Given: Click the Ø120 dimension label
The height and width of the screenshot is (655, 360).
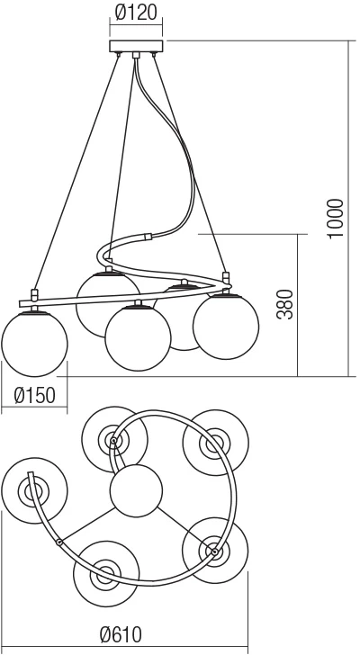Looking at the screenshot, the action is (x=136, y=13).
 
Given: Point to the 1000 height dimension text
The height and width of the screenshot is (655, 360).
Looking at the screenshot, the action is (x=336, y=219).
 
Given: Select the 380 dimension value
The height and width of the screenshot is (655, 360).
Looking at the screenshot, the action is (x=285, y=304).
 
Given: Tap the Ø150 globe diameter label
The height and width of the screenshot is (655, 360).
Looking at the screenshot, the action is (x=35, y=395).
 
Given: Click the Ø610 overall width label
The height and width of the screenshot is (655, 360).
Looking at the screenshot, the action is (x=121, y=634).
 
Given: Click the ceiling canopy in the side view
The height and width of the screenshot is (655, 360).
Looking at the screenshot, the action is (x=136, y=46).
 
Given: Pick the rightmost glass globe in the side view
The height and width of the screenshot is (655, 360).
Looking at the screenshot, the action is (x=226, y=327).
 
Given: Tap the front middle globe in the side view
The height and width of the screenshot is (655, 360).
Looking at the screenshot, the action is (x=138, y=338).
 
